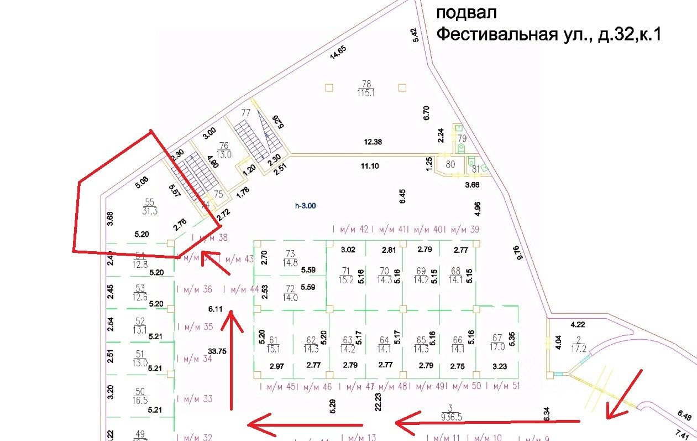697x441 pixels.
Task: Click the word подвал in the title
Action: coord(467,12)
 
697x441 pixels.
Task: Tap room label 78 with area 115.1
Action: coord(366,88)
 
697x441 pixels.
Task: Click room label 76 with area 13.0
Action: coord(224,150)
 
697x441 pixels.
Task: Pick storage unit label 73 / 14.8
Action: coord(290,258)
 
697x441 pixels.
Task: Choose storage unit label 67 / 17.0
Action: coord(497,343)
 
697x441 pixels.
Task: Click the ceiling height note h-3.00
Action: coord(305,205)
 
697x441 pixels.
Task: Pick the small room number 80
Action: coord(450,164)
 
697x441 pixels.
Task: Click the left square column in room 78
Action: coord(329,87)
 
